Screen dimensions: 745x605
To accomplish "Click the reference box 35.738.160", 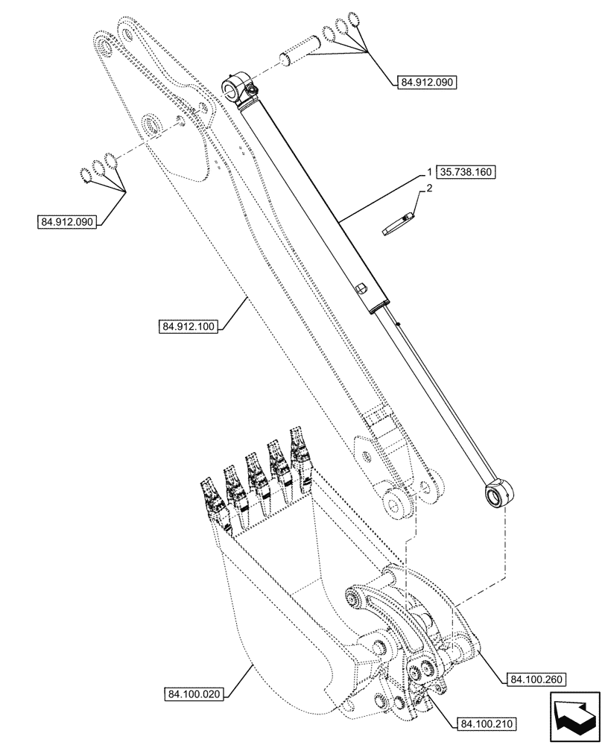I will (466, 171).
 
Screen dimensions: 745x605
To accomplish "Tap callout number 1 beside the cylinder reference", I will (431, 171).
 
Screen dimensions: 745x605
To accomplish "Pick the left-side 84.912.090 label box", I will (66, 221).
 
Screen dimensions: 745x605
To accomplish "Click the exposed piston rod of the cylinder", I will (432, 395).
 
